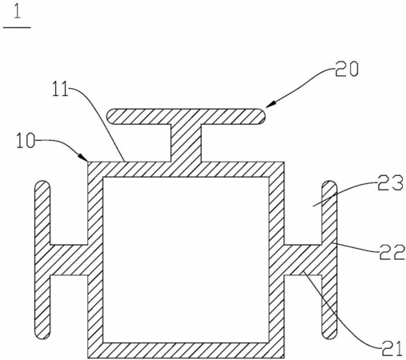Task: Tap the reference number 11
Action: tap(60, 90)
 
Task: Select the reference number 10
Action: tap(26, 141)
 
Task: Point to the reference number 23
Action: tap(390, 182)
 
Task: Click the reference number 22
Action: tap(392, 252)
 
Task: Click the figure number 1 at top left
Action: tap(17, 12)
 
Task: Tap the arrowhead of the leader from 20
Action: tap(269, 105)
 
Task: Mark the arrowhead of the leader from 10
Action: tap(84, 157)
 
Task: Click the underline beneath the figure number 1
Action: tap(17, 27)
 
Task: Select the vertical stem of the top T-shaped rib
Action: tap(186, 143)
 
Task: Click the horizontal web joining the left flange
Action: tap(69, 260)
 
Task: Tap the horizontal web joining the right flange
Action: tap(303, 260)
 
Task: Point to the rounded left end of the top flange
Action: tap(111, 116)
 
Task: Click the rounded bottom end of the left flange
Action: tap(42, 334)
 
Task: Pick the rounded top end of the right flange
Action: tap(329, 185)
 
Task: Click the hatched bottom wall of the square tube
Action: tap(186, 350)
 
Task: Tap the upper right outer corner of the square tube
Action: tap(283, 162)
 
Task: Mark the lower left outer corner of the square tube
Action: tap(88, 358)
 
